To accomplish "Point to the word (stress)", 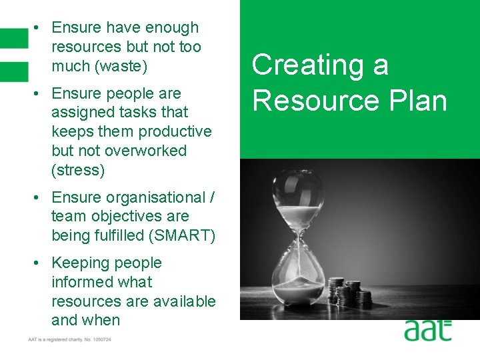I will click(x=78, y=170).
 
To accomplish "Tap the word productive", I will click(x=172, y=131).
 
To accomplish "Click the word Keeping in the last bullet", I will click(x=81, y=263).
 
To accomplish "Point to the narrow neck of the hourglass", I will click(x=297, y=246).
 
